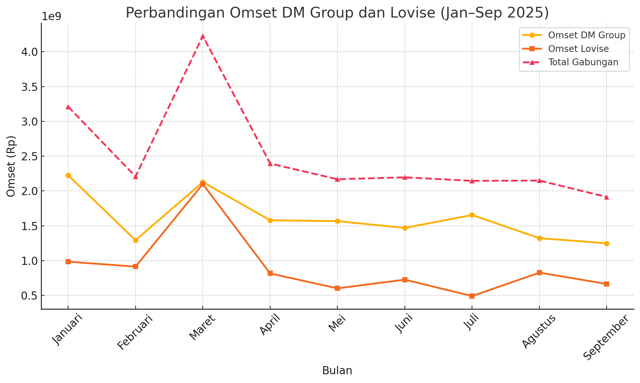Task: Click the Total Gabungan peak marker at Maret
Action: pyautogui.click(x=203, y=36)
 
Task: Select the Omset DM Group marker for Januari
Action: pyautogui.click(x=68, y=175)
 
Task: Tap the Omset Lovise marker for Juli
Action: pyautogui.click(x=472, y=296)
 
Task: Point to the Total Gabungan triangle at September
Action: pyautogui.click(x=607, y=197)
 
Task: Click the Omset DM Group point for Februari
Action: pyautogui.click(x=136, y=240)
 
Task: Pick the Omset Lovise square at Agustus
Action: pyautogui.click(x=539, y=273)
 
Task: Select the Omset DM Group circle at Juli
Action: pyautogui.click(x=472, y=215)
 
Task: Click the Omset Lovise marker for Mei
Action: pyautogui.click(x=337, y=288)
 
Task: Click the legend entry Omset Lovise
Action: pyautogui.click(x=578, y=49)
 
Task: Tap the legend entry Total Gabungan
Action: pyautogui.click(x=583, y=62)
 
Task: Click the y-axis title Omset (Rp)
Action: pyautogui.click(x=11, y=166)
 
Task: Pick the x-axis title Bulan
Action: pyautogui.click(x=337, y=371)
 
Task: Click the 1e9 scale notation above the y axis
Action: pyautogui.click(x=52, y=17)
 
